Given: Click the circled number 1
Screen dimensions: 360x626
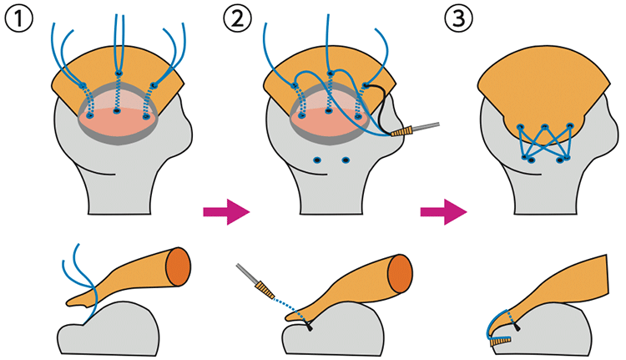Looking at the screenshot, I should point(18,17).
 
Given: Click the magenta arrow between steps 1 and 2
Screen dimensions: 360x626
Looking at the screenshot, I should point(226,211).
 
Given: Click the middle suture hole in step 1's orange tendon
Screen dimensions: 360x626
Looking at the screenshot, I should point(119,74).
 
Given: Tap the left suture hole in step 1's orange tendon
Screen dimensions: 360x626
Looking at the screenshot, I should point(83,84).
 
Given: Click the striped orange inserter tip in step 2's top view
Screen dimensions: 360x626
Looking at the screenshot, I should point(406,131).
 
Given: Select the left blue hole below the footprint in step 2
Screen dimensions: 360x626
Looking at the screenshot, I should point(316,160).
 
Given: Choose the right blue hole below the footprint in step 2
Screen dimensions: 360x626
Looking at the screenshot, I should point(346,160).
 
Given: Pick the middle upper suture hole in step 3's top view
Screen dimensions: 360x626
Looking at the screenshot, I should point(545,128).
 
